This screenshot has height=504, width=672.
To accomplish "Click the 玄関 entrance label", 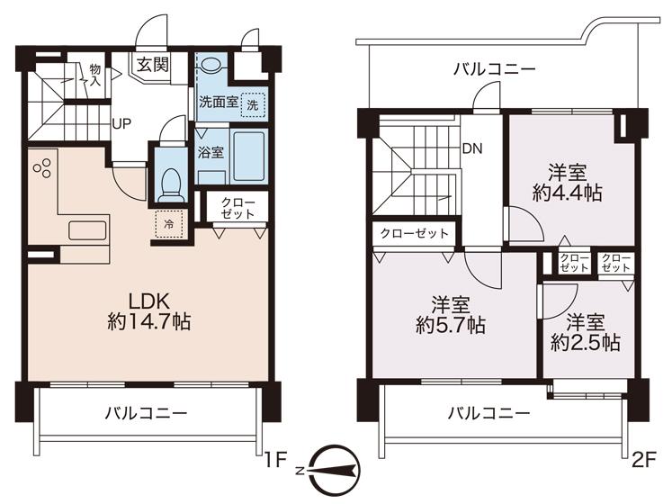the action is click(x=153, y=65).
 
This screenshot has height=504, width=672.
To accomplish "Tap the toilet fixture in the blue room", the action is click(x=172, y=184).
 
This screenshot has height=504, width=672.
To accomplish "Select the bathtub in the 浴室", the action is click(x=248, y=155).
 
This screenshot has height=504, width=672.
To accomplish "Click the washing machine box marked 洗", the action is click(x=253, y=104).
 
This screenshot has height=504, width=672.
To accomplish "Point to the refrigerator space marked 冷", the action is click(x=169, y=224).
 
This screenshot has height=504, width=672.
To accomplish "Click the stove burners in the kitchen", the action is click(x=42, y=167).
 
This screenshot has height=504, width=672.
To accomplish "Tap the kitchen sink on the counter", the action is click(x=87, y=230).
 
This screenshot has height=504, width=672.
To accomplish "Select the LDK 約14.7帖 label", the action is click(x=148, y=311).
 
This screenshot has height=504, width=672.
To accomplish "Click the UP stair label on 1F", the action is click(x=121, y=124).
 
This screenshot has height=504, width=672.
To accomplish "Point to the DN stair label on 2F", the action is click(x=472, y=148).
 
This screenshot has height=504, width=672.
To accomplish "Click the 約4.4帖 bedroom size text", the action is click(x=568, y=193).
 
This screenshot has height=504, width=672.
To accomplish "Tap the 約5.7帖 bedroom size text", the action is click(x=451, y=326).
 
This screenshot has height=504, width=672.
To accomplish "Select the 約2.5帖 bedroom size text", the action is click(x=585, y=343).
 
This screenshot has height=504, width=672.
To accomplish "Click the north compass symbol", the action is click(x=332, y=471).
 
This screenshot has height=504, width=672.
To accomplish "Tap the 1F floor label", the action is click(x=275, y=461).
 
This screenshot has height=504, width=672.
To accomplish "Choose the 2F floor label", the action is click(x=644, y=461).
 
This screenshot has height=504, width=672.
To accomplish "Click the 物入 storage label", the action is click(x=95, y=75).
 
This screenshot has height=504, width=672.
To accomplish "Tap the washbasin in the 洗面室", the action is click(x=210, y=65).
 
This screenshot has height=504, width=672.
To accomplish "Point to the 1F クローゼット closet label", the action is click(x=237, y=208).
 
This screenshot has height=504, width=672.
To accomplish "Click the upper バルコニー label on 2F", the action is click(x=495, y=69).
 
